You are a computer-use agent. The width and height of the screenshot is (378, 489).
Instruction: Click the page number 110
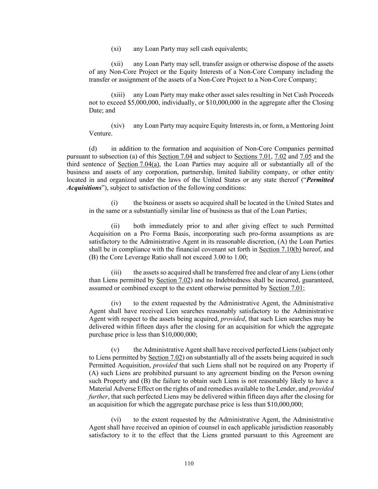[x=189, y=464]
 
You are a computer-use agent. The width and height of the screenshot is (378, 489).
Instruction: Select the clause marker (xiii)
[x=118, y=95]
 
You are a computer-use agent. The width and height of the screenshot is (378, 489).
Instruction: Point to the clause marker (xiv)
[x=118, y=126]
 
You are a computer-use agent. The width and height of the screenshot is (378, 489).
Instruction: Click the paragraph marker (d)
[x=93, y=149]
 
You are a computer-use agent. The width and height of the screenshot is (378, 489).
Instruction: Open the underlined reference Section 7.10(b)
[x=280, y=249]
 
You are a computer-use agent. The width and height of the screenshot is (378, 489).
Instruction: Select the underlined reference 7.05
[x=306, y=157]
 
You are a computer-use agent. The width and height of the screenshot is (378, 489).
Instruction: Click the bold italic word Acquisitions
[x=84, y=188]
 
